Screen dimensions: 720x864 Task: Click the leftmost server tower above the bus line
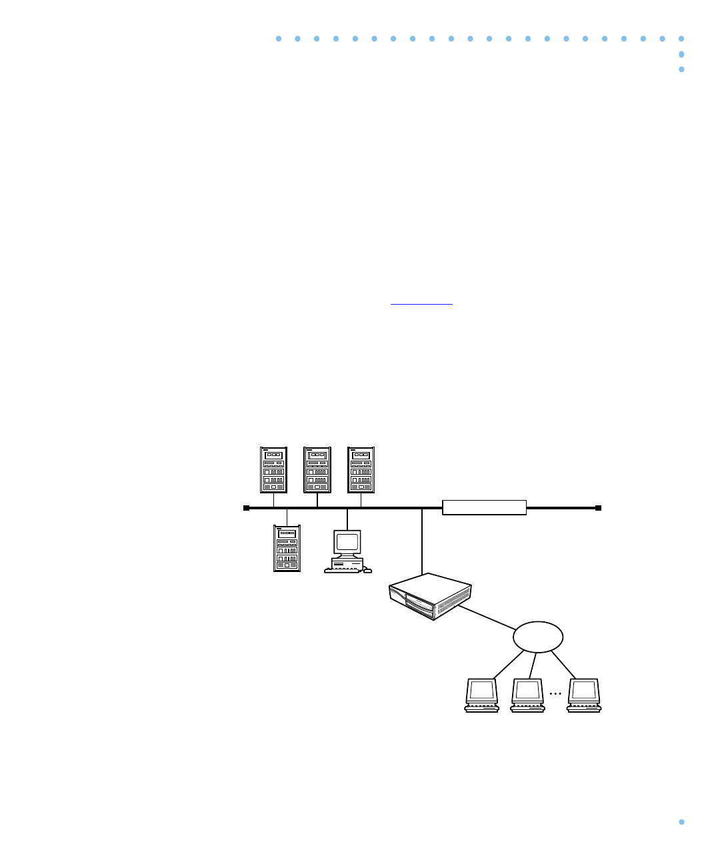click(273, 470)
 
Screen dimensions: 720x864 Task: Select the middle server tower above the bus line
click(317, 470)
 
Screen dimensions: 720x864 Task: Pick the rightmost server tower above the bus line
click(361, 470)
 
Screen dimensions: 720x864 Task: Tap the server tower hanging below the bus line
click(287, 548)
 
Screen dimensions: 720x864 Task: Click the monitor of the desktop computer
click(347, 541)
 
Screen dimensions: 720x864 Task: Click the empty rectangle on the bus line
click(484, 507)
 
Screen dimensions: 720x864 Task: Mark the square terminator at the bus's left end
click(246, 508)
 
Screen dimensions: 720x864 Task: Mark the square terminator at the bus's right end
click(598, 508)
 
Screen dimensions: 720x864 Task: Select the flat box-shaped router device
click(430, 597)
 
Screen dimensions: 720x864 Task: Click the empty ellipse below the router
click(538, 637)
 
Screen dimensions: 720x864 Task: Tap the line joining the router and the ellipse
click(487, 617)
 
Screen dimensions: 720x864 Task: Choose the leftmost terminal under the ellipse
click(481, 695)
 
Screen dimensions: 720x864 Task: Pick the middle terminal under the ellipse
click(527, 695)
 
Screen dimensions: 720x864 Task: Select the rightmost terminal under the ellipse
click(584, 695)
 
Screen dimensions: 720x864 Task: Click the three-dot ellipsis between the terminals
click(555, 694)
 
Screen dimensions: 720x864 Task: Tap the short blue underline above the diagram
click(421, 304)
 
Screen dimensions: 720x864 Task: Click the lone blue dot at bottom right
click(681, 822)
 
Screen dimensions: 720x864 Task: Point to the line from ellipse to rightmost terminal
click(563, 664)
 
